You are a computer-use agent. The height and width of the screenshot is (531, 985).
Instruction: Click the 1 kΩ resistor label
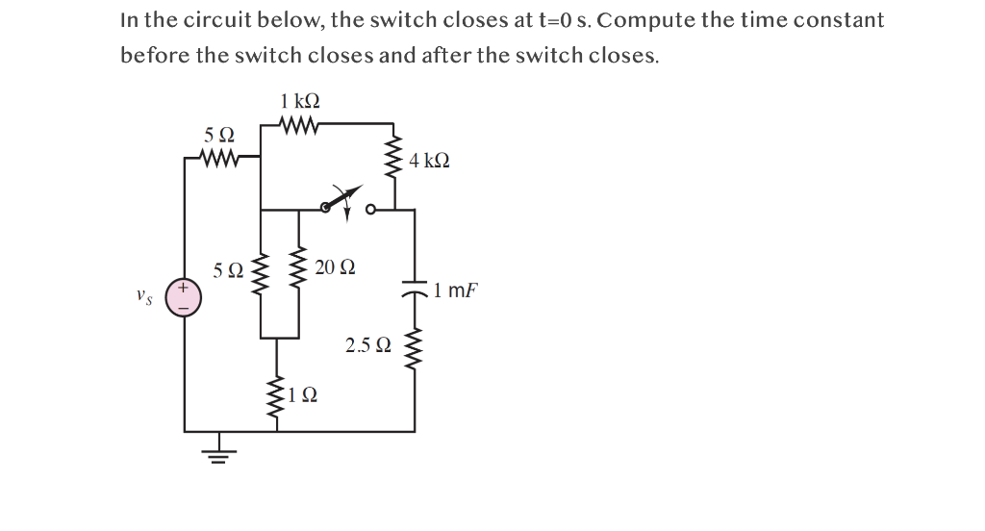pos(300,101)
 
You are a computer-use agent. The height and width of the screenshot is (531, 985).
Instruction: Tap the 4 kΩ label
pos(429,161)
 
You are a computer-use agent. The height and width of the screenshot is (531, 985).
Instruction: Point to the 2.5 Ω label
pos(367,344)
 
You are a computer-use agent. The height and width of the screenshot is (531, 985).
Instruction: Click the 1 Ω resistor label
pos(304,394)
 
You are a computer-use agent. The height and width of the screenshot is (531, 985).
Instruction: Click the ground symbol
pos(218,453)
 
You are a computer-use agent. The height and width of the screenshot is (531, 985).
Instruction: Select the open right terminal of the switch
pos(371,208)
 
